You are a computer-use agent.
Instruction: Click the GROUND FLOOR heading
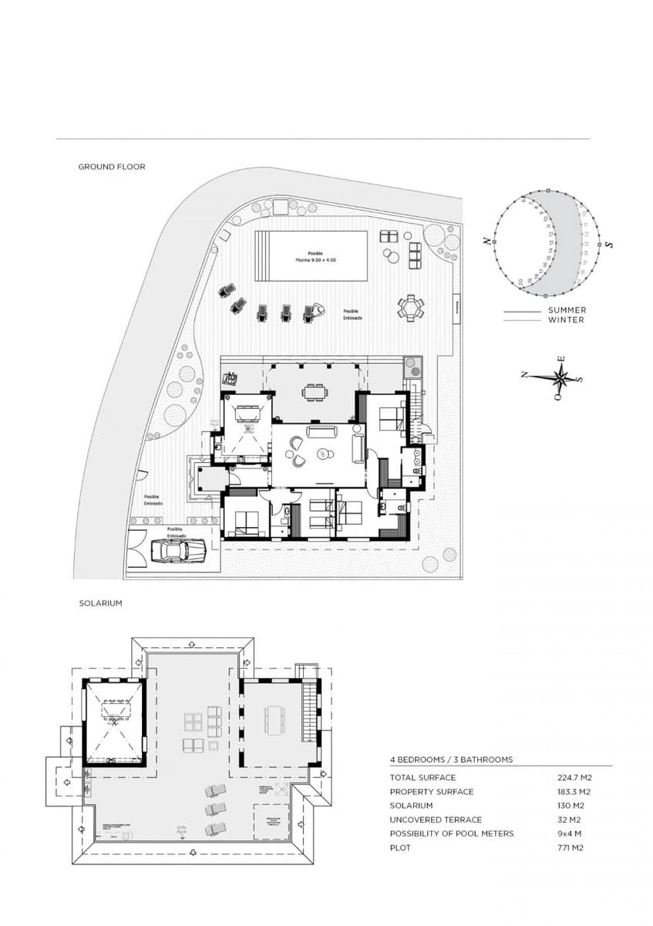pyautogui.click(x=111, y=167)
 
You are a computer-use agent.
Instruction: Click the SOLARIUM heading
pyautogui.click(x=100, y=603)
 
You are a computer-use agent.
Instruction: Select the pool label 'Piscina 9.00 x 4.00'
pyautogui.click(x=315, y=261)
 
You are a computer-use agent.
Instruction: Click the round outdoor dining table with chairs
pyautogui.click(x=410, y=308)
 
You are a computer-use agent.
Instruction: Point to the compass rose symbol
pyautogui.click(x=560, y=377)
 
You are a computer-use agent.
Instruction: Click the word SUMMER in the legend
pyautogui.click(x=567, y=310)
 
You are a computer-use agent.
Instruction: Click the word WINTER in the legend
pyautogui.click(x=565, y=319)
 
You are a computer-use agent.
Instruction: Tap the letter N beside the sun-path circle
pyautogui.click(x=486, y=241)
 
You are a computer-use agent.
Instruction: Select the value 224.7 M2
pyautogui.click(x=574, y=778)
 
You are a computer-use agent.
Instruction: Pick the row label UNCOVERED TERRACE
pyautogui.click(x=436, y=820)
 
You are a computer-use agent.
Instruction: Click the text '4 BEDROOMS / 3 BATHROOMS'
pyautogui.click(x=451, y=760)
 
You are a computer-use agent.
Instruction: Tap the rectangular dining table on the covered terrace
pyautogui.click(x=314, y=392)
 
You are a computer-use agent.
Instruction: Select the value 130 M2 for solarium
pyautogui.click(x=572, y=806)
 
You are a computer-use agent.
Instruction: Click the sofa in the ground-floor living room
pyautogui.click(x=319, y=431)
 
